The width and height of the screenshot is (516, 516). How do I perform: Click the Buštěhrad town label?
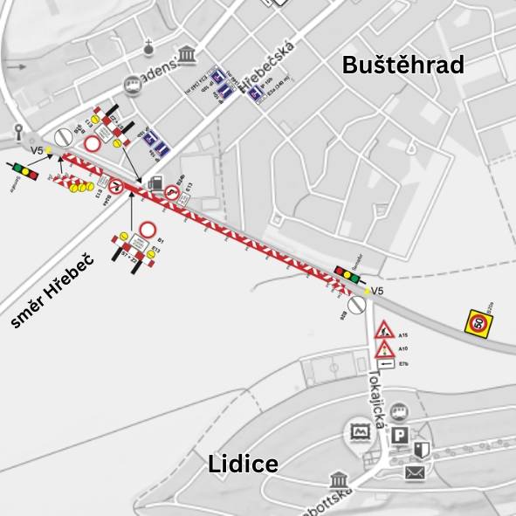pyautogui.click(x=402, y=65)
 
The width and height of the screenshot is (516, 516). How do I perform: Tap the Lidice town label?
pyautogui.click(x=243, y=464)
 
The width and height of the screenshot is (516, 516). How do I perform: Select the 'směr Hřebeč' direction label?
pyautogui.click(x=52, y=292)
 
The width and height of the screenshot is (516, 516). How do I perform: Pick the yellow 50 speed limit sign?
pyautogui.click(x=478, y=323)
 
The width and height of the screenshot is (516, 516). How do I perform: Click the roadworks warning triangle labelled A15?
pyautogui.click(x=384, y=331)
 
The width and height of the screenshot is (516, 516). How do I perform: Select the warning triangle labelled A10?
pyautogui.click(x=384, y=349)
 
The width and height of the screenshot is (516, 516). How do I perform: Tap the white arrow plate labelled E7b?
pyautogui.click(x=384, y=363)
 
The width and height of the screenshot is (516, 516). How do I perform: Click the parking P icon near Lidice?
pyautogui.click(x=400, y=435)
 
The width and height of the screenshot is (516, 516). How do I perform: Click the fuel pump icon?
pyautogui.click(x=155, y=182)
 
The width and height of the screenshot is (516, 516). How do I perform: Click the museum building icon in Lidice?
pyautogui.click(x=340, y=480)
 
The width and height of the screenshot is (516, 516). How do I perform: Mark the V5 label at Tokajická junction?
pyautogui.click(x=377, y=291)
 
